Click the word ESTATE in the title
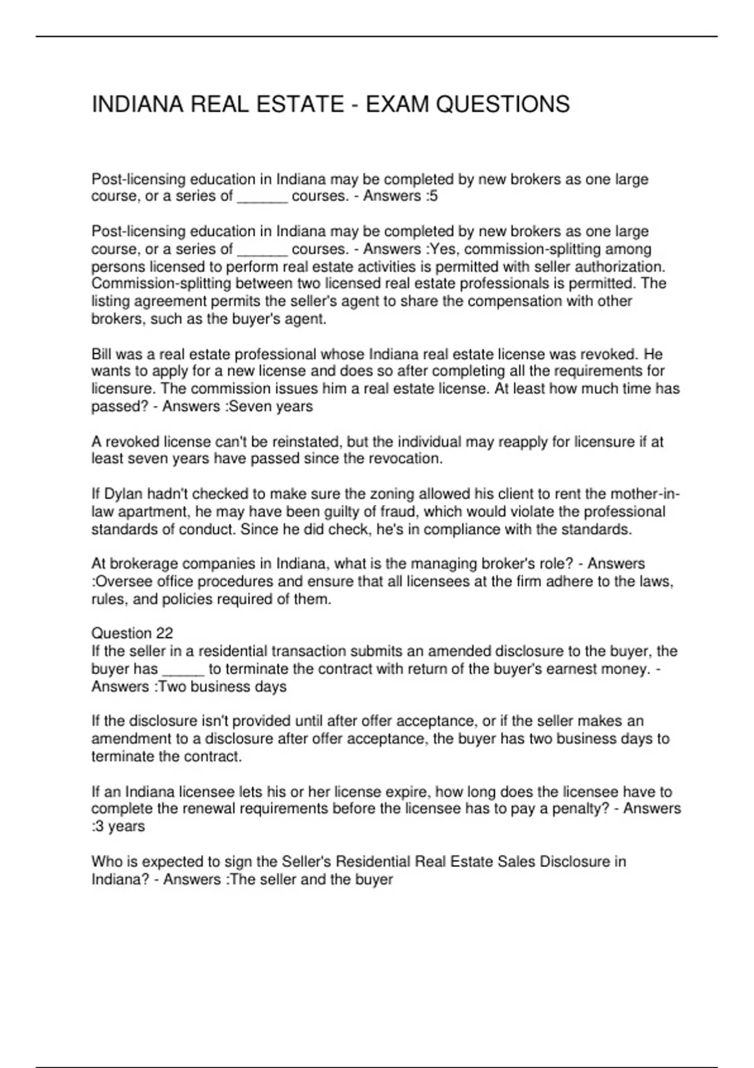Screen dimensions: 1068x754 pyautogui.click(x=301, y=104)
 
